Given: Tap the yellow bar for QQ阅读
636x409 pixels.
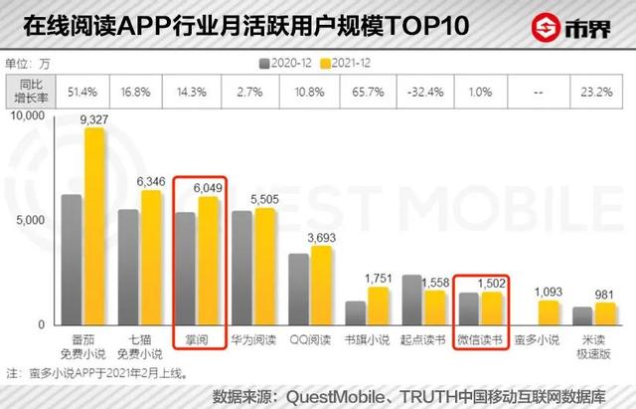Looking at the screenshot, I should point(322,285).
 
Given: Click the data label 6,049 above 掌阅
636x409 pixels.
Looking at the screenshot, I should point(208,187).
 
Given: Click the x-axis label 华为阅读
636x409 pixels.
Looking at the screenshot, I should point(252,341).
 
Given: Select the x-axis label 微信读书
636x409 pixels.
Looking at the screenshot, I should point(480,341).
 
